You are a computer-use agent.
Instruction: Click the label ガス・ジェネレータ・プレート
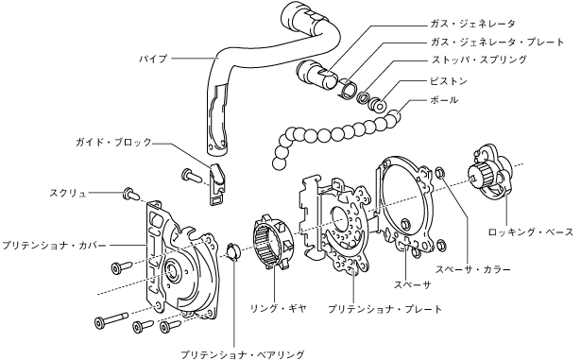coord(497,42)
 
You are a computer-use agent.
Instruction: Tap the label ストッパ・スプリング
coord(479,60)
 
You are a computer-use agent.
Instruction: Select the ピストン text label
coord(449,81)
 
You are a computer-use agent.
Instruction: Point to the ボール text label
coord(444,100)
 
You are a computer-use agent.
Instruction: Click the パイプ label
coord(153,59)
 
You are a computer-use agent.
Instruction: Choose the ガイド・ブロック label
coord(113,142)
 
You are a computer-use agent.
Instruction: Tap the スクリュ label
coord(68,193)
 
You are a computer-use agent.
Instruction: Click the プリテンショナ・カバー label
coord(54,246)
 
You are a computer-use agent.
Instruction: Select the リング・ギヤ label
coord(279,308)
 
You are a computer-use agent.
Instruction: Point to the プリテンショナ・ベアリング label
coord(243,354)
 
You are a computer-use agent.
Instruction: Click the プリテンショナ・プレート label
coord(385,309)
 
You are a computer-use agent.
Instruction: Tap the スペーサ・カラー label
coord(473,269)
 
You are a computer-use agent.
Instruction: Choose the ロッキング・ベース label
coord(531,232)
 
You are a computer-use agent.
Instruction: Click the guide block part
coord(217,184)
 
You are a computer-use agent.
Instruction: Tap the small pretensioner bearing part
coord(233,251)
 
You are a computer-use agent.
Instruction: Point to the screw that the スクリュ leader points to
coord(130,194)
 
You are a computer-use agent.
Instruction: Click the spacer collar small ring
coord(440,172)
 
